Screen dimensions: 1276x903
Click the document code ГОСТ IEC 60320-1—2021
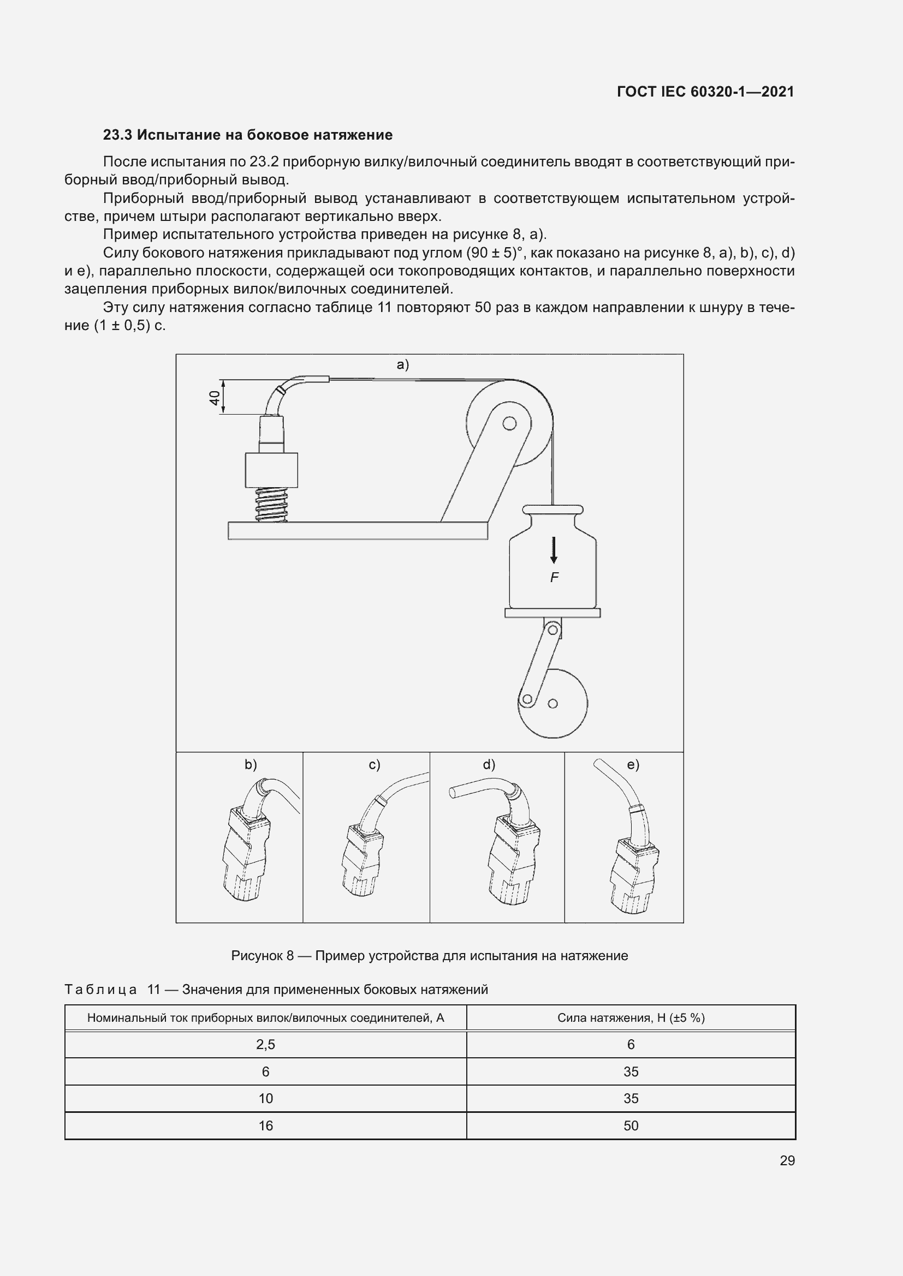point(705,92)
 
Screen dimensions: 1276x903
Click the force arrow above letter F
point(554,550)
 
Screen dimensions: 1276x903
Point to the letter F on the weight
point(554,577)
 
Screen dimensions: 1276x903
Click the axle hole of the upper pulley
point(509,423)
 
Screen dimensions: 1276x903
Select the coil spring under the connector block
point(271,505)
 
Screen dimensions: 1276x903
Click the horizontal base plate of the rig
point(358,531)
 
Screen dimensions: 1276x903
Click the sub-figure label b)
point(251,765)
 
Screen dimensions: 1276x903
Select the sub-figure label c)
point(375,765)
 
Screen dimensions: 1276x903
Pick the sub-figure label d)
point(489,765)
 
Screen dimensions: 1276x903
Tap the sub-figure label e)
point(633,765)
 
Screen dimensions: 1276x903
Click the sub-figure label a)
point(402,364)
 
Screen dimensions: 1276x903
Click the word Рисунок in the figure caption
point(257,955)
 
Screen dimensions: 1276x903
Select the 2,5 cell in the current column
point(265,1044)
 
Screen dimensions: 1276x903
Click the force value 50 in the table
point(631,1125)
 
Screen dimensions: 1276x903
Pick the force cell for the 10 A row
point(631,1098)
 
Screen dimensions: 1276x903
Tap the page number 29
point(787,1160)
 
